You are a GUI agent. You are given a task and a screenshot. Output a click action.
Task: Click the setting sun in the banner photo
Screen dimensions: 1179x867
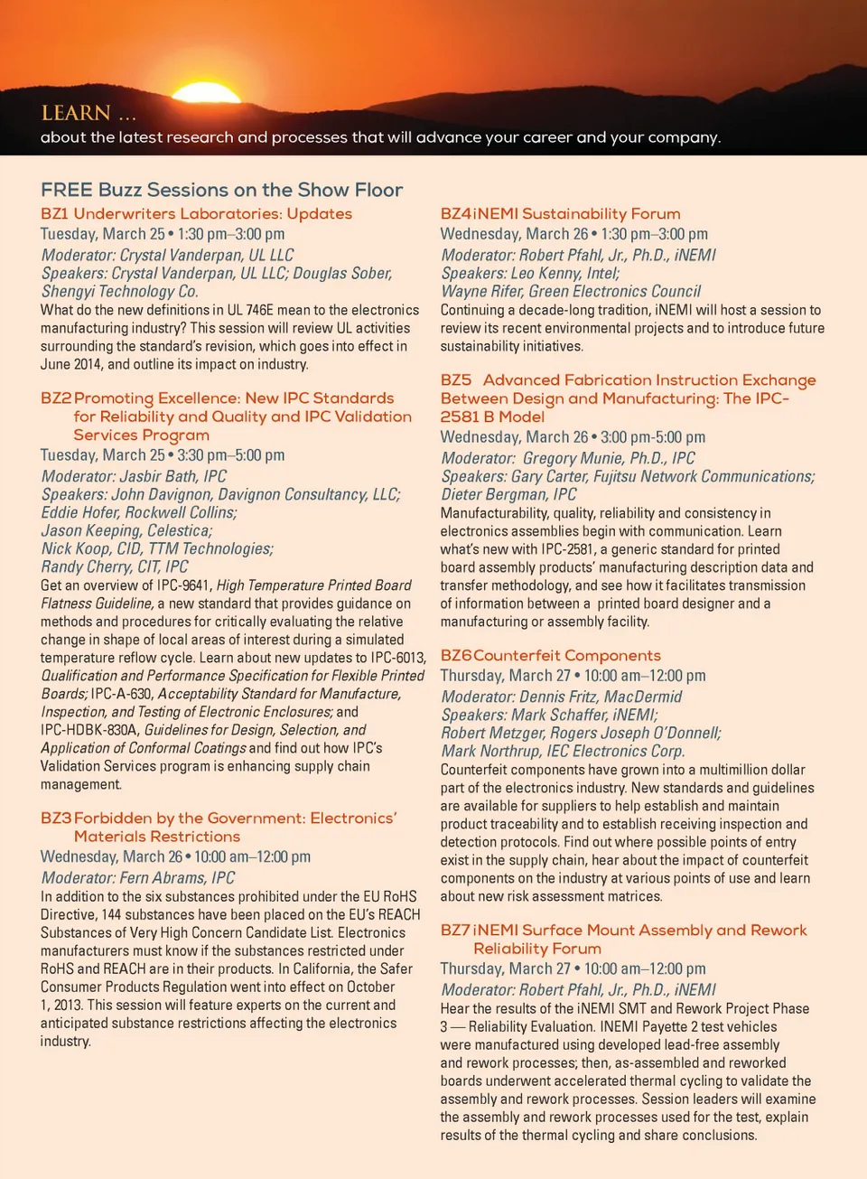click(x=205, y=91)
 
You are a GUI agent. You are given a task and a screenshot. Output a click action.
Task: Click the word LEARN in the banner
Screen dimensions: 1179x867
click(x=76, y=113)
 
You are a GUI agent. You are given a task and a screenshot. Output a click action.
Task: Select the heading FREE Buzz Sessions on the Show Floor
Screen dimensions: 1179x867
click(x=221, y=190)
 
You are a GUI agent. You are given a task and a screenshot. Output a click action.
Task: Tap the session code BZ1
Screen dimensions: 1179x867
click(x=54, y=214)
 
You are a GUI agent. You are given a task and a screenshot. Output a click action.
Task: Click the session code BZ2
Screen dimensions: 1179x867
click(x=55, y=398)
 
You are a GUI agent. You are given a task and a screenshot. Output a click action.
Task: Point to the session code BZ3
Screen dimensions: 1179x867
click(x=55, y=819)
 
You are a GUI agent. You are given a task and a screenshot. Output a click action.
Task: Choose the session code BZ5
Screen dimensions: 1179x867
click(x=456, y=380)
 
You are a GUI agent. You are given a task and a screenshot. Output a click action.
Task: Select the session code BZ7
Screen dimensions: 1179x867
click(x=455, y=931)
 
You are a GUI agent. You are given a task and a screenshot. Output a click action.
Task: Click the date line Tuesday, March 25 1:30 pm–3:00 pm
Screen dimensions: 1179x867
click(x=163, y=234)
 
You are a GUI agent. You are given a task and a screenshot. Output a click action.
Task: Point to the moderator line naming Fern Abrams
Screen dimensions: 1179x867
click(x=138, y=877)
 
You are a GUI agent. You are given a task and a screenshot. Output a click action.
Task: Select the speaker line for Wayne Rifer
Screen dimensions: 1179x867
click(x=570, y=291)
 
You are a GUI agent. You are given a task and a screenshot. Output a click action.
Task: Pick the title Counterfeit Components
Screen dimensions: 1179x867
click(x=566, y=656)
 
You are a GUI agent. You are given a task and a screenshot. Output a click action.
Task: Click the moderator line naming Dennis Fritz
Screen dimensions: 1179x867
click(x=561, y=697)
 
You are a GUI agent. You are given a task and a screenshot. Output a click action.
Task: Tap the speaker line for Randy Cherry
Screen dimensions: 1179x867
click(x=115, y=566)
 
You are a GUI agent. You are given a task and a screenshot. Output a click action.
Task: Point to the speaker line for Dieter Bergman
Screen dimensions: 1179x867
click(x=508, y=494)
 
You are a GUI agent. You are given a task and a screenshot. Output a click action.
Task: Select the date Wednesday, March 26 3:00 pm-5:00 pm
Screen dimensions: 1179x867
click(x=573, y=437)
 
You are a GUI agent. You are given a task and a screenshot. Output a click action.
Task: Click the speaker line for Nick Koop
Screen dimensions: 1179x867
click(x=157, y=548)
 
